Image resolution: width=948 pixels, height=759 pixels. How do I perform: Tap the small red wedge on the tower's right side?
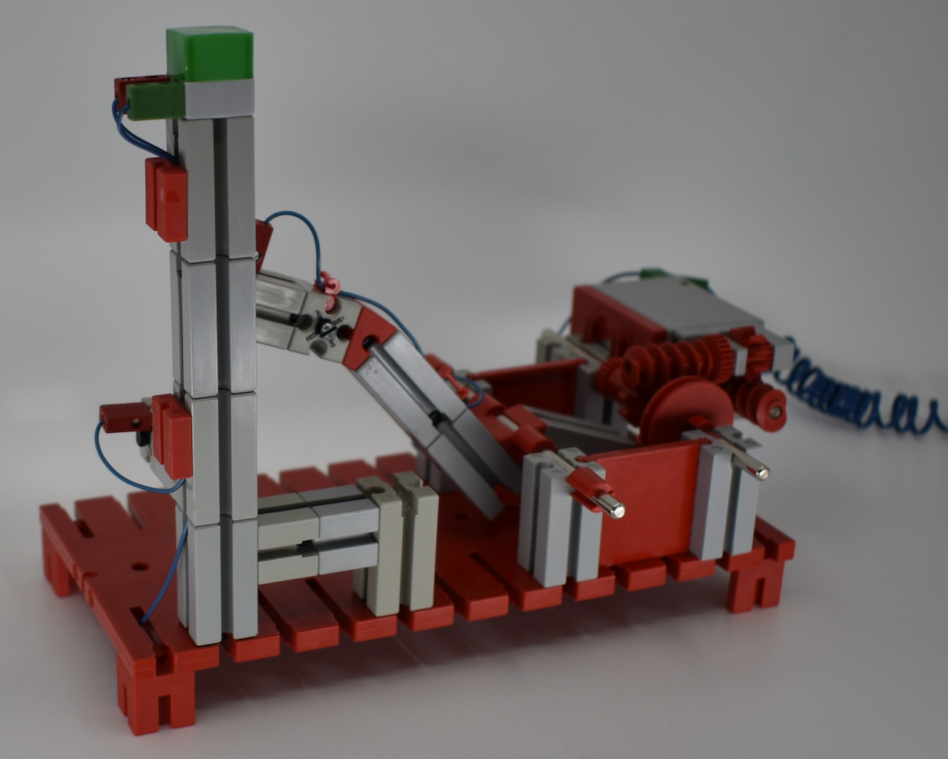(264, 239)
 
